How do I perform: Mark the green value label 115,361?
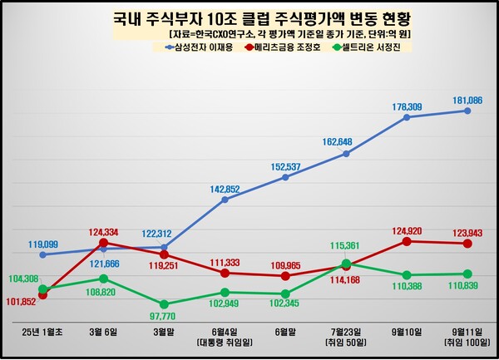click(346, 246)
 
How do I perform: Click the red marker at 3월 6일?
click(103, 243)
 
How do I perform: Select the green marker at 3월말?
click(164, 304)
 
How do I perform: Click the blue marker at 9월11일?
click(468, 111)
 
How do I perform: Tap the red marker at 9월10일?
click(408, 241)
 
